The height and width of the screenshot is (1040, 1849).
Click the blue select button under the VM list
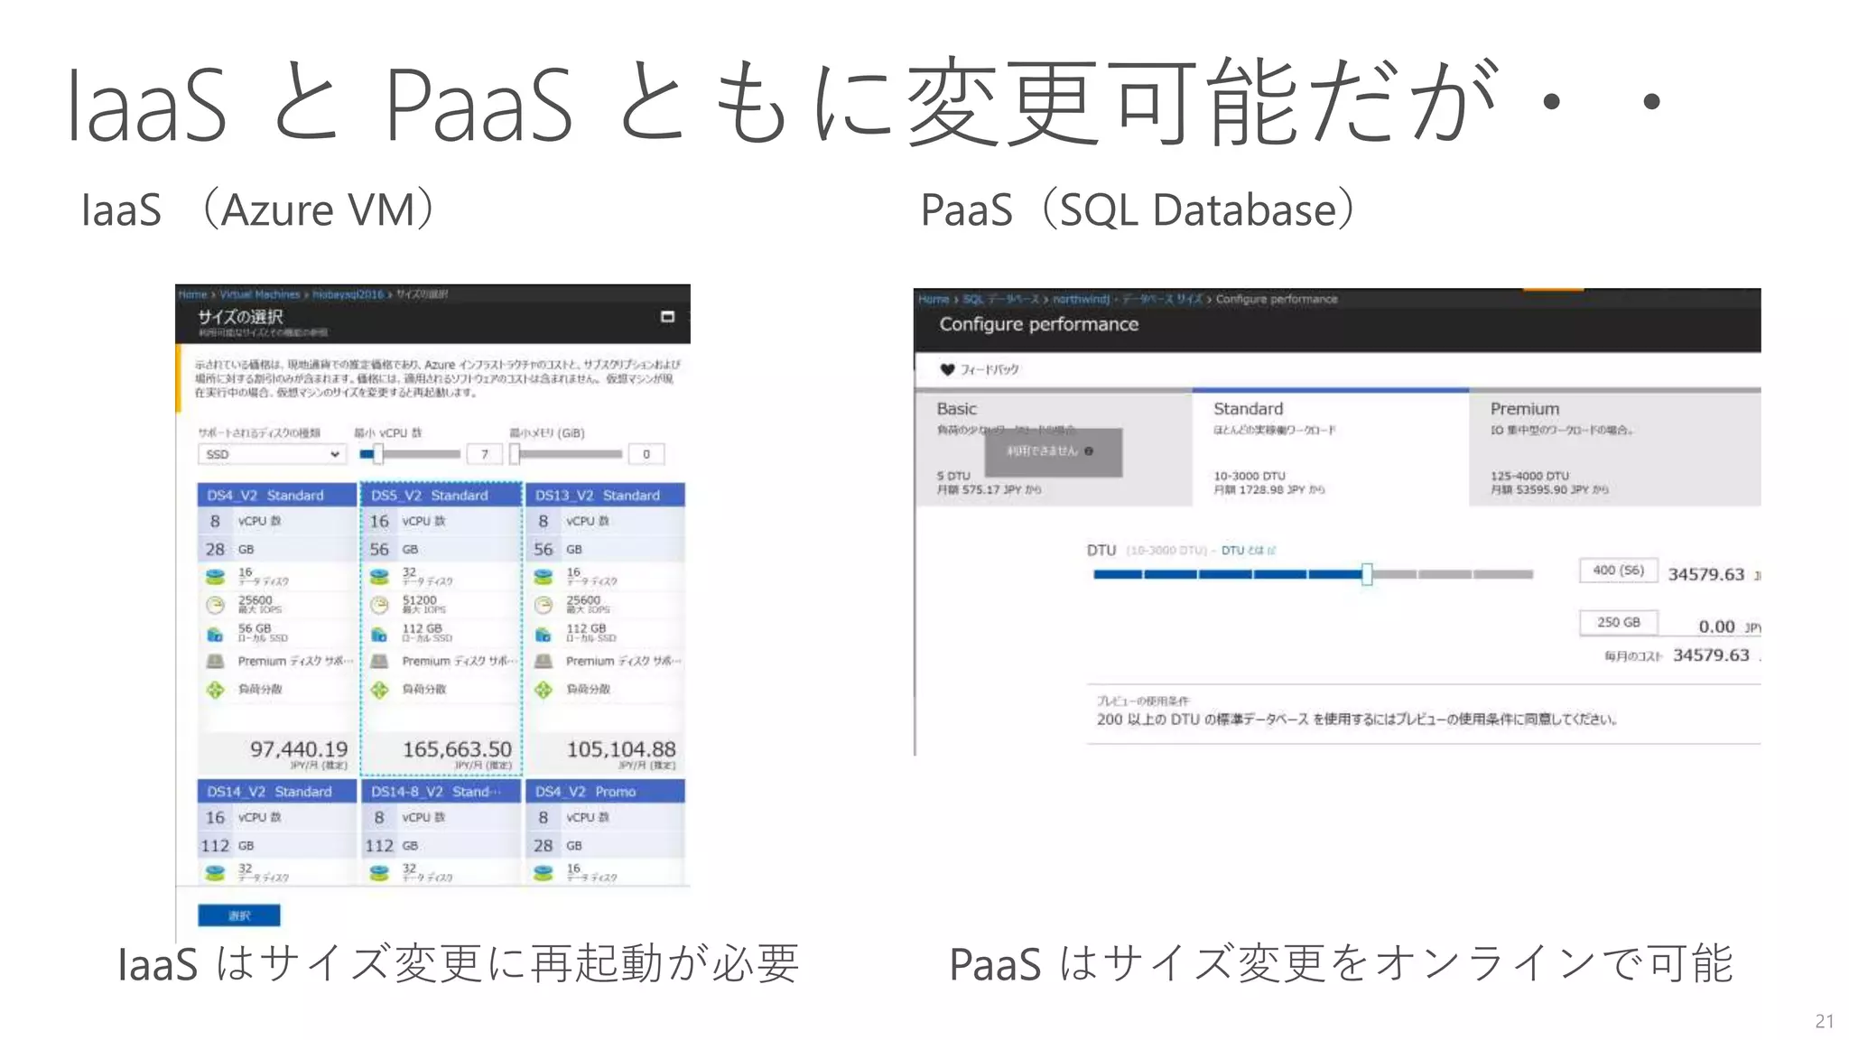[x=238, y=915]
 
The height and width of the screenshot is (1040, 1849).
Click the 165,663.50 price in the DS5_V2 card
[x=457, y=749]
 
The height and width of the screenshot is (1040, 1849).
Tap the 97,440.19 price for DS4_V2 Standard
[x=298, y=749]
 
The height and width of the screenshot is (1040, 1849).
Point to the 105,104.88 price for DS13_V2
[x=621, y=749]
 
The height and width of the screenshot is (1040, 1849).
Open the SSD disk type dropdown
[x=271, y=454]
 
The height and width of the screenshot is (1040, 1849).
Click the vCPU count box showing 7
[x=485, y=454]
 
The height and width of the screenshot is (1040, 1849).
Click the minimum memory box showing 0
[x=646, y=454]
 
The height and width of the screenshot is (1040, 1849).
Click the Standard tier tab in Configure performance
[x=1248, y=409]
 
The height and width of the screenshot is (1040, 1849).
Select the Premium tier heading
[x=1524, y=409]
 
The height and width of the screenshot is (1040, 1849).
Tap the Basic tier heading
[x=956, y=409]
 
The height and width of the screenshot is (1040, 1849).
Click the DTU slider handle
[x=1367, y=574]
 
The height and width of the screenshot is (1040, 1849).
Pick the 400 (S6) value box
[x=1618, y=571]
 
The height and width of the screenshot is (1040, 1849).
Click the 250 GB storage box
[x=1618, y=623]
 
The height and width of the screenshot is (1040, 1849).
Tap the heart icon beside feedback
[x=947, y=369]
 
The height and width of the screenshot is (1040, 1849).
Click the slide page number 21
[x=1824, y=1021]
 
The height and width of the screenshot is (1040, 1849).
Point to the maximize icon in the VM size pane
[x=668, y=317]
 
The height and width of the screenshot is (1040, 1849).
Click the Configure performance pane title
[x=1038, y=324]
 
